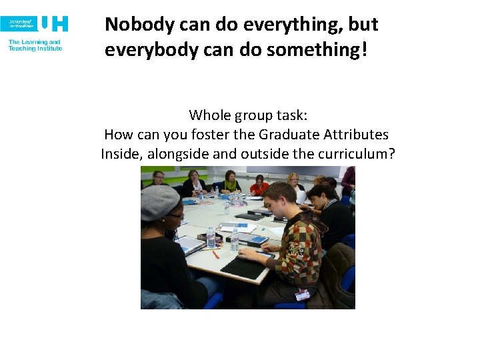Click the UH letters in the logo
tap(54, 24)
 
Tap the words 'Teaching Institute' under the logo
tap(35, 49)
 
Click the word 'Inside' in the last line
tap(121, 154)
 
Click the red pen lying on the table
tap(215, 254)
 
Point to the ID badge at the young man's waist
tap(301, 294)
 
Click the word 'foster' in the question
tap(211, 135)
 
